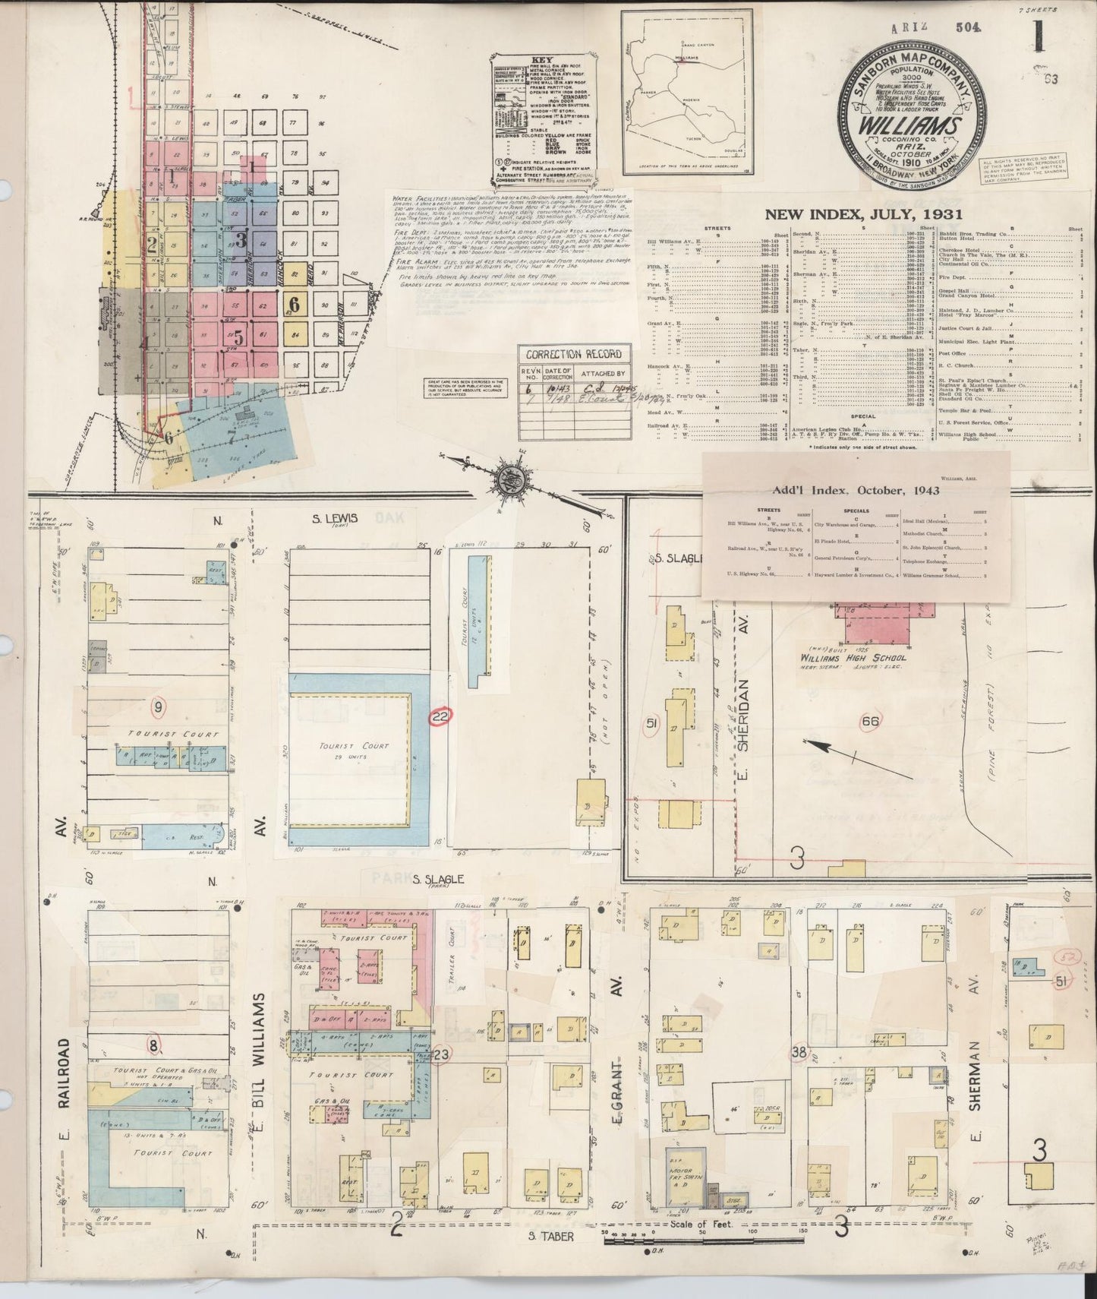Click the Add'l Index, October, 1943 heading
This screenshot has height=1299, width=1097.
[x=856, y=490]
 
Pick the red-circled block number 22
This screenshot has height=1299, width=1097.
[x=440, y=716]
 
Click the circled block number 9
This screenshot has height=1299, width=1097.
[x=159, y=707]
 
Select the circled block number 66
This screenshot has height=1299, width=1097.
[x=870, y=720]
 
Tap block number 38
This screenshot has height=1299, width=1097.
[x=798, y=1052]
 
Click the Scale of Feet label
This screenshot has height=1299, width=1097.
[x=700, y=1224]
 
